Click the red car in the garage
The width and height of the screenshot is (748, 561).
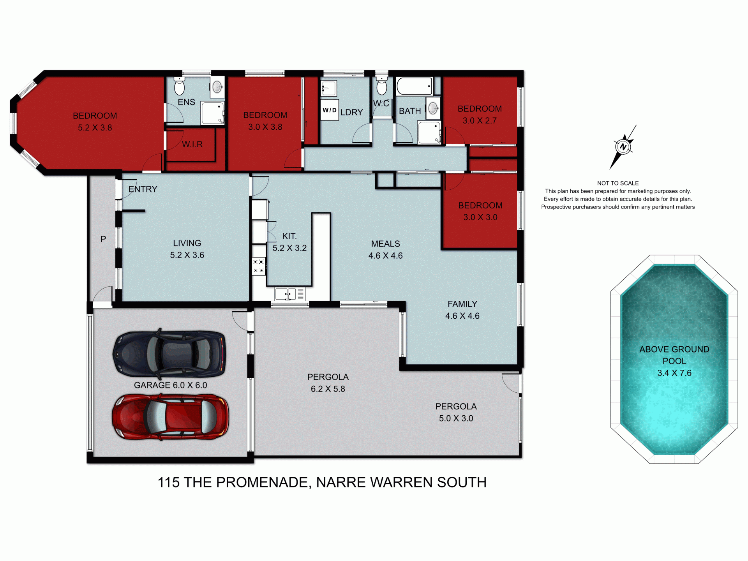(x=170, y=417)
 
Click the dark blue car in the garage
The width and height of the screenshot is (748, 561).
(x=169, y=354)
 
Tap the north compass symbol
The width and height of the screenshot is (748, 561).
(x=623, y=147)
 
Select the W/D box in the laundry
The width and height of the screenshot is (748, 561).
(x=329, y=110)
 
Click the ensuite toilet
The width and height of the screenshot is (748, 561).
(x=179, y=86)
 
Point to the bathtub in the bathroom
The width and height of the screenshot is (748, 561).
(x=415, y=86)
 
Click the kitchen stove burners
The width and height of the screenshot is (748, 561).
(x=259, y=266)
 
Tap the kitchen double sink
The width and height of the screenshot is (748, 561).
(x=286, y=294)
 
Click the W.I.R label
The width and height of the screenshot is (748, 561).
(x=192, y=145)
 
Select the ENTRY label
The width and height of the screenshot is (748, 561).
(x=143, y=189)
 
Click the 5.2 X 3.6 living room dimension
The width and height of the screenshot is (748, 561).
(x=187, y=255)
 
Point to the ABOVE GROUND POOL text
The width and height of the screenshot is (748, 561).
(x=674, y=355)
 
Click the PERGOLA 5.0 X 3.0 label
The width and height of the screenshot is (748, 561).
(x=456, y=412)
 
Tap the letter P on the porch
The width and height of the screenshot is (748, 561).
(x=103, y=239)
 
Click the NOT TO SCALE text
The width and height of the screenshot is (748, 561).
(x=618, y=183)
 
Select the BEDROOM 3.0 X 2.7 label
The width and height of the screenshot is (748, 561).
(x=480, y=115)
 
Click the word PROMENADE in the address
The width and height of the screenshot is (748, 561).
(x=264, y=482)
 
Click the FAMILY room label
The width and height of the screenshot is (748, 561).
(x=462, y=304)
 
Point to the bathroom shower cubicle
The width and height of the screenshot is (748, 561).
(x=429, y=132)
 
